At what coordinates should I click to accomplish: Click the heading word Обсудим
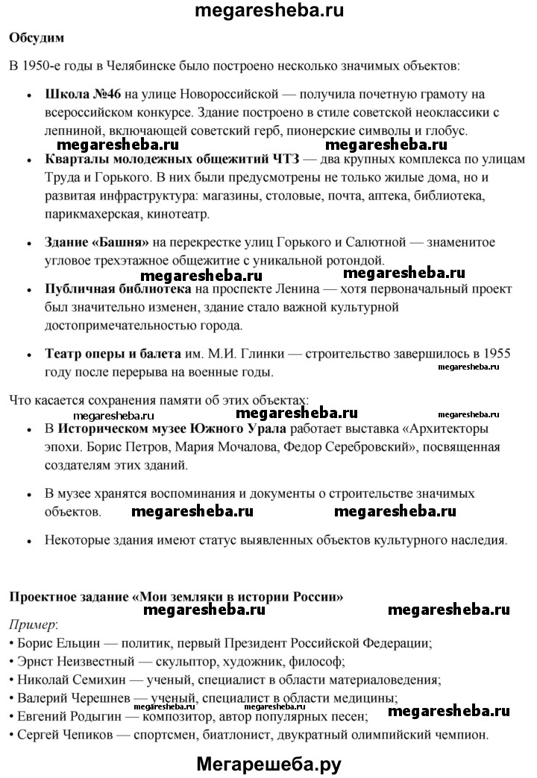click(x=37, y=37)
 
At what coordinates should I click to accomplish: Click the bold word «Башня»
click(x=122, y=242)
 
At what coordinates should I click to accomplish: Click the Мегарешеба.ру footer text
click(x=268, y=762)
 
